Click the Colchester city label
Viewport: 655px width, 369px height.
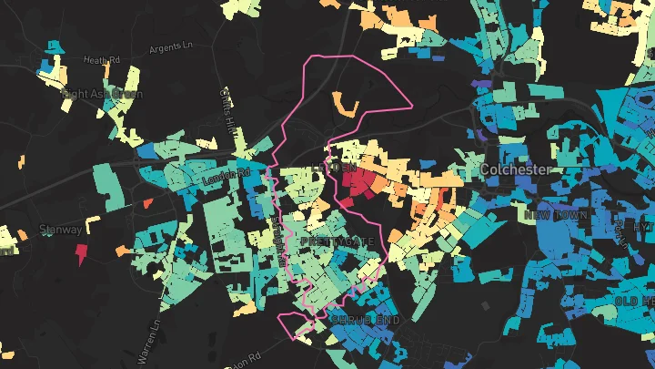coord(516,169)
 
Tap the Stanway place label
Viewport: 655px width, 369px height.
coord(62,231)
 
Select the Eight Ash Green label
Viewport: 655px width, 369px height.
coord(101,93)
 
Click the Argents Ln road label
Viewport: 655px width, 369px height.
coord(172,46)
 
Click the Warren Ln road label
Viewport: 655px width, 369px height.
coord(156,336)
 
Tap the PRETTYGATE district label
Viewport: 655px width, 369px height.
coord(336,241)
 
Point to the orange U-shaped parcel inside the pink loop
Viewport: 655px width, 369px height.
coord(344,106)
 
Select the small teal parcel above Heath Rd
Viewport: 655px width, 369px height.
coord(54,45)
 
